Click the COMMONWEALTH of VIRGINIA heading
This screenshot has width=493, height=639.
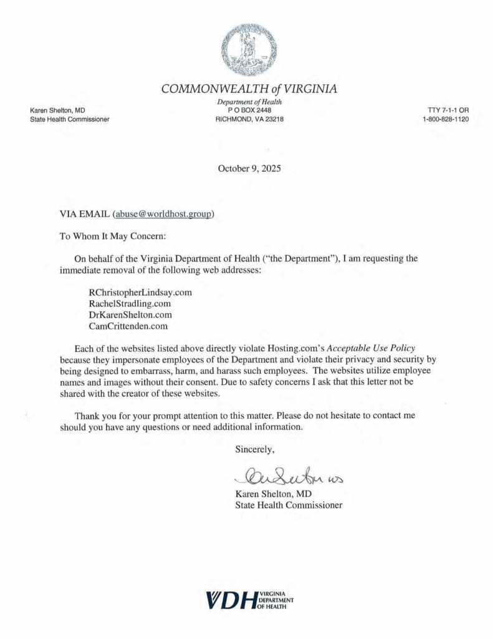249,89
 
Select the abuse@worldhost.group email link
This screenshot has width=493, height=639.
163,213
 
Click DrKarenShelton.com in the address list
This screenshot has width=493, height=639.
131,315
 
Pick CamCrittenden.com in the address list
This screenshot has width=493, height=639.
128,325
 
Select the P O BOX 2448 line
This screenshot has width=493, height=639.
249,110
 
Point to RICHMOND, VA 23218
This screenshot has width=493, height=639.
249,119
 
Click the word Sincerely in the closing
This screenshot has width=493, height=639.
254,449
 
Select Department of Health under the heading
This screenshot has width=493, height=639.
249,102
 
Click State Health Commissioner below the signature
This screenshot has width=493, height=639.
289,505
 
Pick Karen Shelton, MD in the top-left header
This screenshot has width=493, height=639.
57,110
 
